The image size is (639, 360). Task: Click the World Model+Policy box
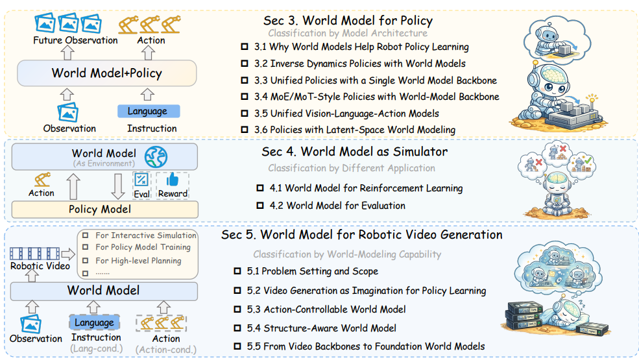107,73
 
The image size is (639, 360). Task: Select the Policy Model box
104,210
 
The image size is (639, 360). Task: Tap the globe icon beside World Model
156,157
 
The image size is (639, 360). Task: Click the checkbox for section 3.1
245,47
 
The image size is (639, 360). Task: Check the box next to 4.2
260,206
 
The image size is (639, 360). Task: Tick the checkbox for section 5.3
237,309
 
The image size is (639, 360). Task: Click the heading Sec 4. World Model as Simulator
355,152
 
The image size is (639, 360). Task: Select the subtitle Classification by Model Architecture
348,33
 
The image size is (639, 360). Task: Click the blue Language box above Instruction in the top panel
149,112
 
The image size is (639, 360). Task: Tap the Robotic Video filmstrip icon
34,254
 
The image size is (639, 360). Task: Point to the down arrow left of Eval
118,186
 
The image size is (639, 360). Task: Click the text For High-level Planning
138,261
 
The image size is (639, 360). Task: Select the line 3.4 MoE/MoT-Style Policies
376,97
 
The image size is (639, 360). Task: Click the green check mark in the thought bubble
587,160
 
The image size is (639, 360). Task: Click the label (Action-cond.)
166,350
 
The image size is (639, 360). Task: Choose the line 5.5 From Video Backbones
365,346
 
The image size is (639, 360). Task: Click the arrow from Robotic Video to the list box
68,254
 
